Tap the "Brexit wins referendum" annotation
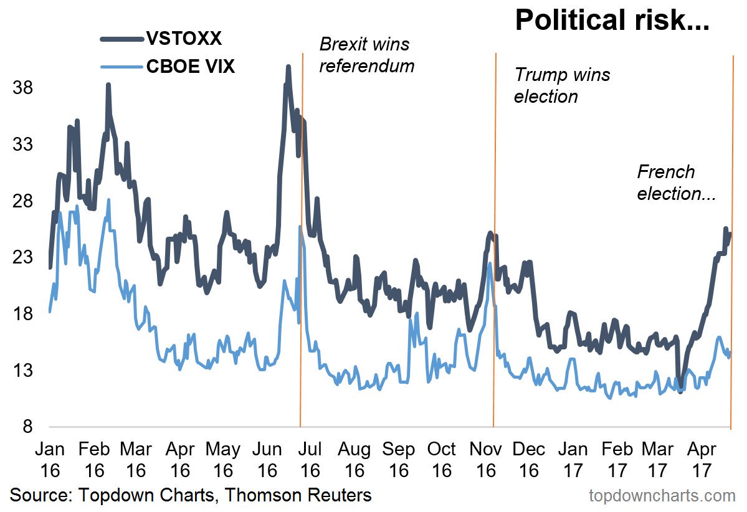coord(366,55)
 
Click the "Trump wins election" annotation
coord(562,85)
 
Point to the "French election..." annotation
coord(675,183)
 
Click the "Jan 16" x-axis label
coord(49,459)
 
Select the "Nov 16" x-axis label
coord(485,459)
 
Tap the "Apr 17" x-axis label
coord(703,459)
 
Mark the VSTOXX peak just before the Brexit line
coord(288,66)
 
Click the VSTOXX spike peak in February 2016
coord(108,85)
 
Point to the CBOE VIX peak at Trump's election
coord(490,263)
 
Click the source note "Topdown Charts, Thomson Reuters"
coord(191,496)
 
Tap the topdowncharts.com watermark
coord(662,496)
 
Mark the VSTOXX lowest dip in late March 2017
coord(680,391)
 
